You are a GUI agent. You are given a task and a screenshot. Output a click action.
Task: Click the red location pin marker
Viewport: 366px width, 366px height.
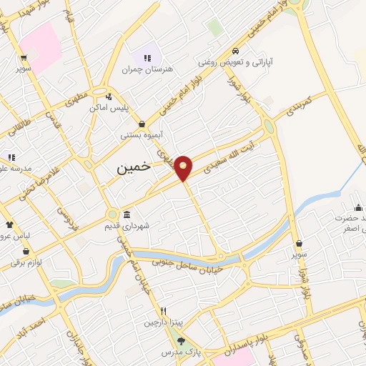click(x=184, y=167)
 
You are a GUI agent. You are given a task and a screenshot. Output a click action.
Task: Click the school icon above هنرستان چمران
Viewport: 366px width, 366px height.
click(x=147, y=58)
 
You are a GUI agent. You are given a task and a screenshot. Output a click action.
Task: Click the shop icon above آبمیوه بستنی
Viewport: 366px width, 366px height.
click(x=142, y=124)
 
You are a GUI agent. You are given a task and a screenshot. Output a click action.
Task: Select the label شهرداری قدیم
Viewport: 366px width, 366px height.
click(x=147, y=225)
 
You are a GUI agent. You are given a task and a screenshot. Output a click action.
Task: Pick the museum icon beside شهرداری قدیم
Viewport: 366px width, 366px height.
click(x=127, y=215)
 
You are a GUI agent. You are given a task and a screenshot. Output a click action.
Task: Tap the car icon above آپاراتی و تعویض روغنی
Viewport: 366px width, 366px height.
click(x=235, y=51)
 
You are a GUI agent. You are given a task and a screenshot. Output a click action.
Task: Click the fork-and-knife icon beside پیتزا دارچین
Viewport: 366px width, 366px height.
click(x=164, y=311)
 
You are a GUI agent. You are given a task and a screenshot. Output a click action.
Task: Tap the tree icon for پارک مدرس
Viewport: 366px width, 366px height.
click(x=181, y=341)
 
